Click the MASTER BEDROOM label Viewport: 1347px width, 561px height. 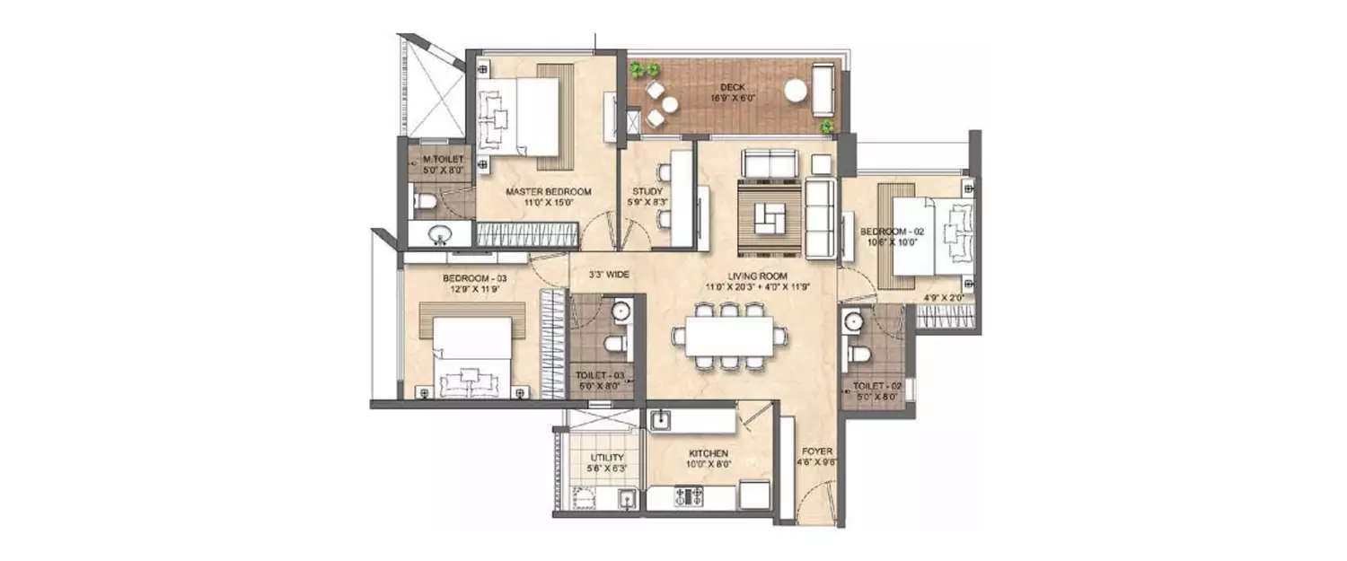click(548, 192)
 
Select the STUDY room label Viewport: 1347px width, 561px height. click(647, 191)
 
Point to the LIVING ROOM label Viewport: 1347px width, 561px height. click(758, 276)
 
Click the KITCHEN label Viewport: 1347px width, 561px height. click(709, 453)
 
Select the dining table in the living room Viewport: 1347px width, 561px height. click(728, 337)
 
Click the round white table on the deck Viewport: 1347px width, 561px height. click(795, 90)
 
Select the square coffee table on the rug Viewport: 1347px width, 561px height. click(768, 216)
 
